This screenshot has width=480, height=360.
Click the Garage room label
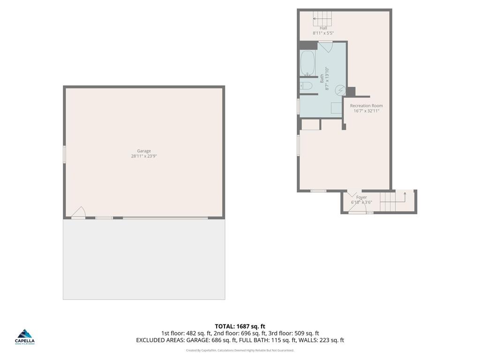144,151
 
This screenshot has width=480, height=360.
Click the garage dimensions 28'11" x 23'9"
144,157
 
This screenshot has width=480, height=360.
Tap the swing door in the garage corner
78,213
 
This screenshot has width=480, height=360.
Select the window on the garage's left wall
65,154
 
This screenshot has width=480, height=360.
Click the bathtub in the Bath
307,63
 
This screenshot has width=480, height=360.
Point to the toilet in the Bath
307,86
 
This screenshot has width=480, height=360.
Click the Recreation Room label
367,106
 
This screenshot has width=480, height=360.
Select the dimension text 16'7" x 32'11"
367,111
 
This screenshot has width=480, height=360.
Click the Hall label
323,28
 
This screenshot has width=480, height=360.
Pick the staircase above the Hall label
322,19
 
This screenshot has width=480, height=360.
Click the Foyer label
361,197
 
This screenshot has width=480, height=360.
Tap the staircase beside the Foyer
393,202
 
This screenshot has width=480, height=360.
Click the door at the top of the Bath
325,46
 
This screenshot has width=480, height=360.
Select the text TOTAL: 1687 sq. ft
240,326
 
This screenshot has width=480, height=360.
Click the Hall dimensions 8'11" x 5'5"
323,33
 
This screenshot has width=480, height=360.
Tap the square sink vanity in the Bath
336,108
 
